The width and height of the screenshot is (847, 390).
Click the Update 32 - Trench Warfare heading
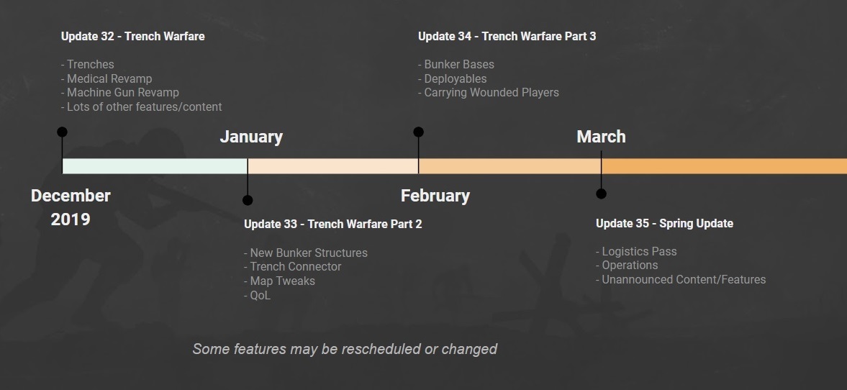(133, 36)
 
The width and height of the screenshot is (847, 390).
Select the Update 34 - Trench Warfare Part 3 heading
(507, 36)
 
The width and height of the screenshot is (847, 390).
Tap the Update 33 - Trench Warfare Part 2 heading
(332, 224)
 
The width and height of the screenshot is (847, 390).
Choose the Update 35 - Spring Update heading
(664, 223)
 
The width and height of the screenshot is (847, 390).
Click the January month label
(251, 137)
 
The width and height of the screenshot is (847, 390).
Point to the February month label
(435, 196)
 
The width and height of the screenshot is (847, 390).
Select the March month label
(601, 137)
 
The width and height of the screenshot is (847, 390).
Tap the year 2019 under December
(71, 219)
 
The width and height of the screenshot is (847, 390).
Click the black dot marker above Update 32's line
(62, 132)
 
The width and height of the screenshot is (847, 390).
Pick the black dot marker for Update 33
(248, 201)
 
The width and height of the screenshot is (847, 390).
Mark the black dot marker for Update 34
(419, 132)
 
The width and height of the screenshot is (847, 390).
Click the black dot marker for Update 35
(601, 194)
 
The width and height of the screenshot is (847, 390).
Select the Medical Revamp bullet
(107, 79)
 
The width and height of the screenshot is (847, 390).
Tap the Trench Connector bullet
(293, 267)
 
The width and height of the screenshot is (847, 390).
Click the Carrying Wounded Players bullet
(489, 92)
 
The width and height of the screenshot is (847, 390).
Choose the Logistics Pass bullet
(636, 252)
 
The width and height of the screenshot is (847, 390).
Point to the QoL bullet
(257, 296)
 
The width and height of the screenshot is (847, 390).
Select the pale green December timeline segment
(155, 165)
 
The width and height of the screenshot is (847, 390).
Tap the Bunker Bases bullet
(456, 64)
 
